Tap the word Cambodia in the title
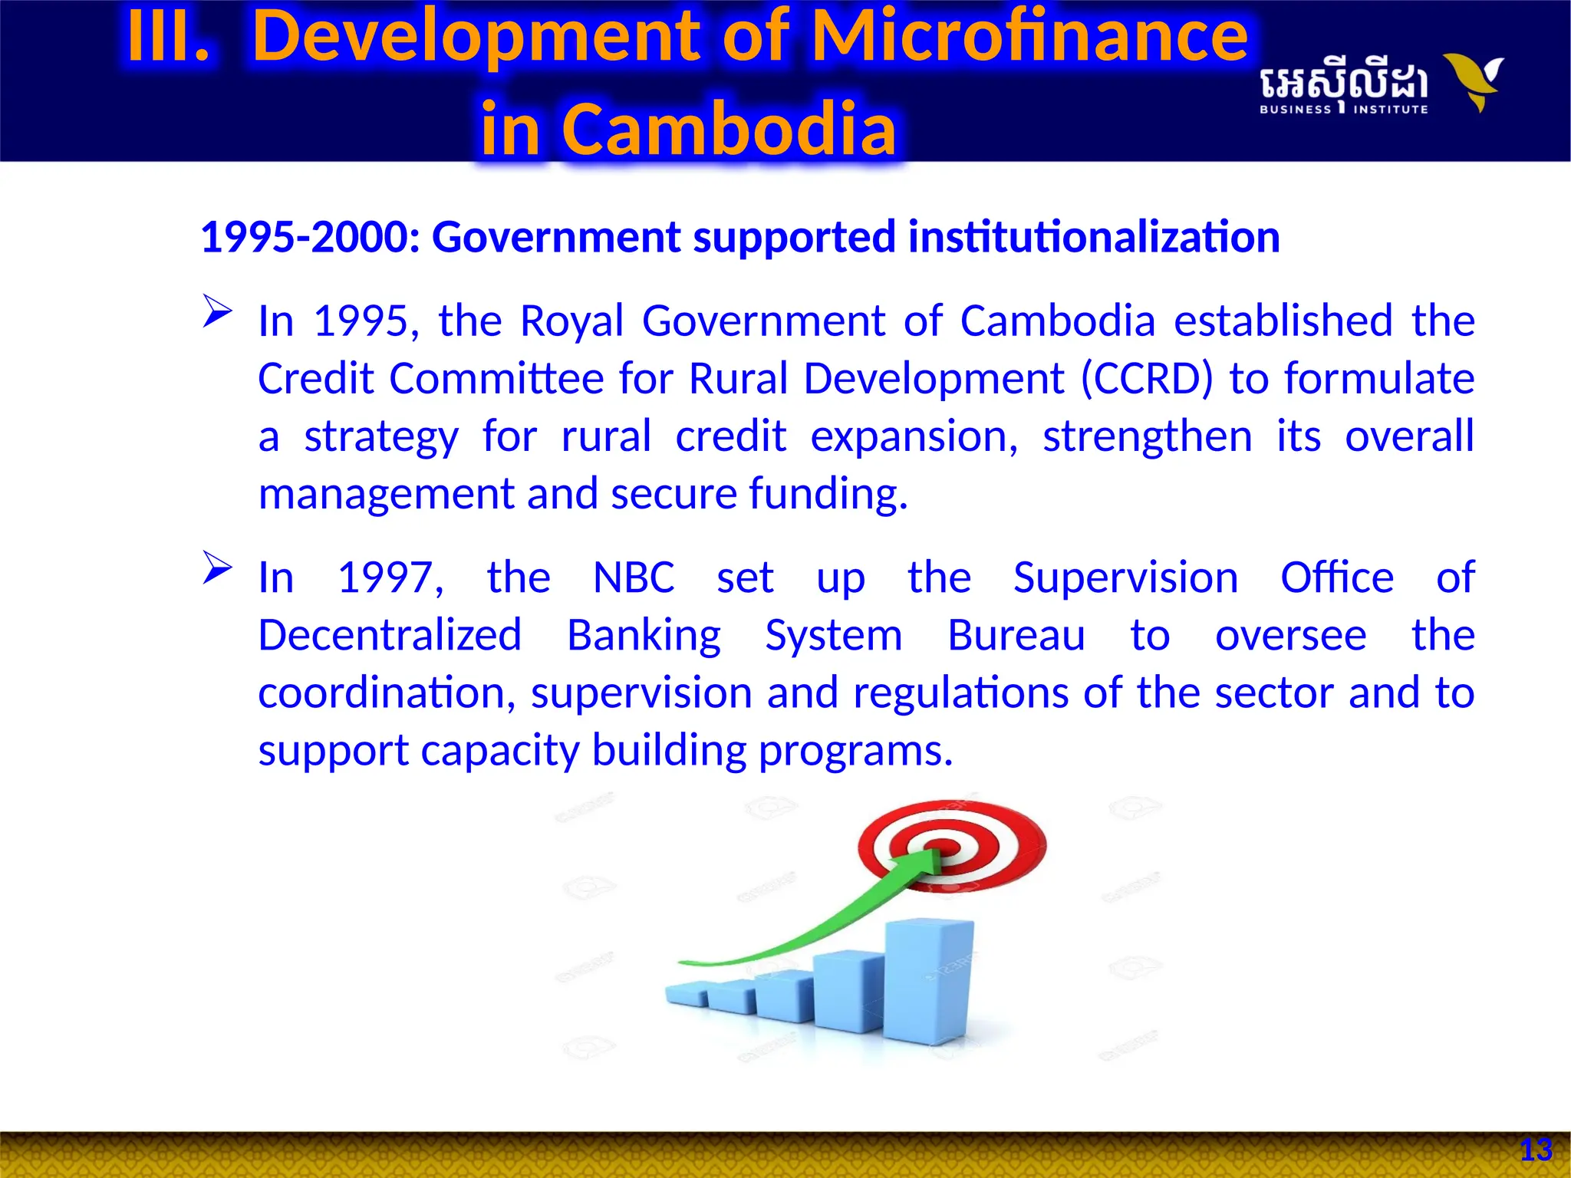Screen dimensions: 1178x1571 [x=729, y=129]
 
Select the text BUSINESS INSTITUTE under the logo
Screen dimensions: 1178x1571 [x=1343, y=110]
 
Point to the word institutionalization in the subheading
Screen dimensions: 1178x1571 [x=1094, y=237]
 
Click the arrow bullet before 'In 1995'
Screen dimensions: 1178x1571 [x=217, y=312]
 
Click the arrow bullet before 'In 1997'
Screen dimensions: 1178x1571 [x=217, y=568]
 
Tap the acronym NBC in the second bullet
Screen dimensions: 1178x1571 [x=634, y=577]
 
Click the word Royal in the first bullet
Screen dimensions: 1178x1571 [x=571, y=321]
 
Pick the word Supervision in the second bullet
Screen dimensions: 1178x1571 [x=1125, y=577]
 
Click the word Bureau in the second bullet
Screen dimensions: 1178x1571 [x=1016, y=636]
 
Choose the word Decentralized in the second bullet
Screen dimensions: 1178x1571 [x=390, y=636]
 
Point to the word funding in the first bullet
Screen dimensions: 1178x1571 [x=827, y=494]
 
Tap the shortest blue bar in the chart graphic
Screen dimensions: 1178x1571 [x=687, y=994]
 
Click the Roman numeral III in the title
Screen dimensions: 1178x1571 [x=168, y=36]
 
